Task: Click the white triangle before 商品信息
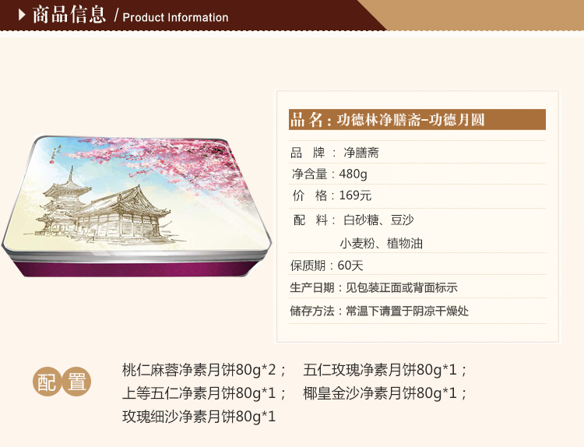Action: click(x=22, y=15)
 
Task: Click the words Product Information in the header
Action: click(x=175, y=17)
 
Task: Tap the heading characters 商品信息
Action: click(x=69, y=15)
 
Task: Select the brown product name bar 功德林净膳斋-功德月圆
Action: click(x=417, y=120)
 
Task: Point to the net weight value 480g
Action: click(x=353, y=174)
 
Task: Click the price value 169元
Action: click(x=355, y=195)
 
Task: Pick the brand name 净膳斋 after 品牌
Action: click(x=361, y=153)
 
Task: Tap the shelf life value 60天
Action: click(x=350, y=266)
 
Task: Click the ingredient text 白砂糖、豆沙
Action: click(x=378, y=220)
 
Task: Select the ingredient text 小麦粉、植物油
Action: click(x=381, y=243)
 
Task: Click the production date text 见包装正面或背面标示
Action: click(x=402, y=287)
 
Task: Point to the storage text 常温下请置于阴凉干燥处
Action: click(x=407, y=311)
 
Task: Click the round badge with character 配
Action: click(x=47, y=382)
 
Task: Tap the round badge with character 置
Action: click(x=76, y=382)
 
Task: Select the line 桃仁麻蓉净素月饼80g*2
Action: click(x=199, y=370)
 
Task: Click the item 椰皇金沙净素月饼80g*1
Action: click(x=380, y=393)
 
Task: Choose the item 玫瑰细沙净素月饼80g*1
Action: click(x=199, y=416)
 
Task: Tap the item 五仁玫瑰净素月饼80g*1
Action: click(x=380, y=370)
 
